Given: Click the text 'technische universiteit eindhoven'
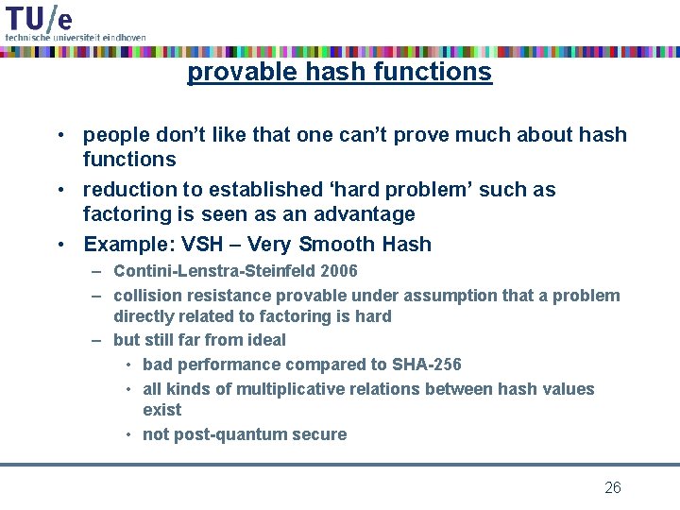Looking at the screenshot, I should (x=76, y=37).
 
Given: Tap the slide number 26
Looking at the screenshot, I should (x=612, y=487).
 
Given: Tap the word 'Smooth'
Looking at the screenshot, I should (x=337, y=245).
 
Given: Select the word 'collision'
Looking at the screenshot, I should (x=145, y=296).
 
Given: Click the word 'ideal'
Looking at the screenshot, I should (x=264, y=340).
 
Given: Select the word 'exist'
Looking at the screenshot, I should (x=161, y=410).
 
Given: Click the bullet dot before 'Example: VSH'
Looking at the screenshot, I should (x=59, y=245).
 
